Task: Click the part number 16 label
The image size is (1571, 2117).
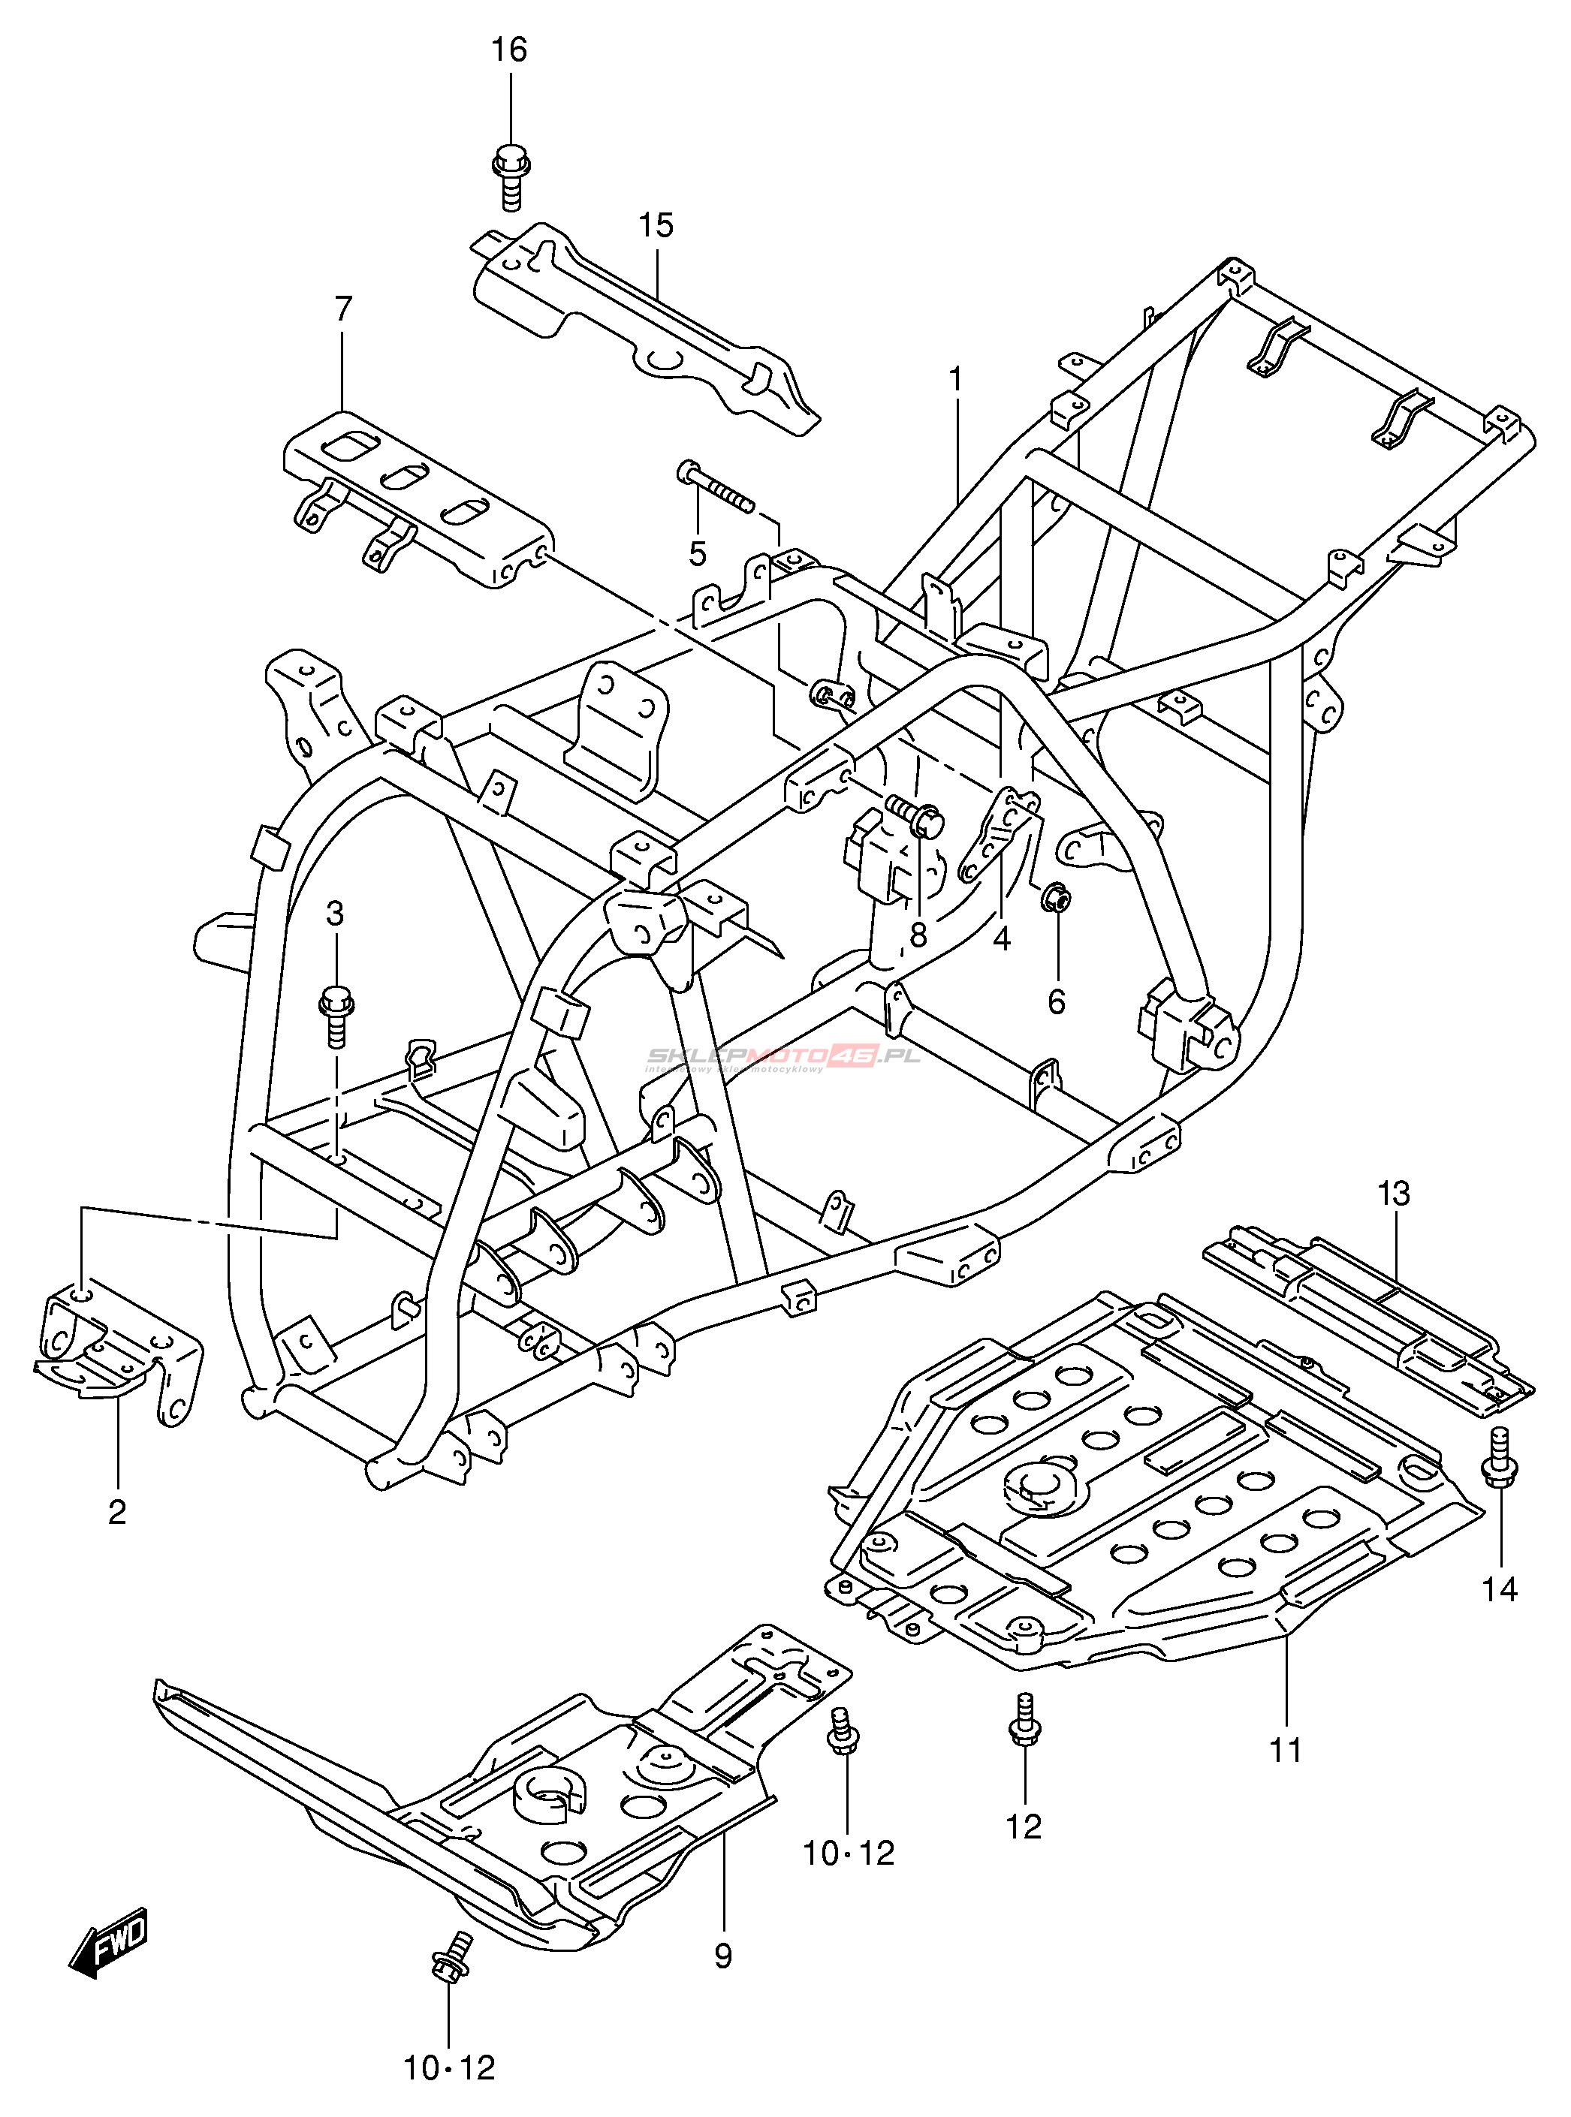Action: pos(508,50)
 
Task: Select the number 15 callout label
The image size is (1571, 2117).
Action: pos(656,225)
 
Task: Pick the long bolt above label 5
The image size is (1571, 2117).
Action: pos(715,486)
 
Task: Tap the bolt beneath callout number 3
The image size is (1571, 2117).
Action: pos(336,1014)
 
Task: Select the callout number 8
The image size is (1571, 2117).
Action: pos(918,935)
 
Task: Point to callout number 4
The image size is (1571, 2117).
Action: pos(1001,939)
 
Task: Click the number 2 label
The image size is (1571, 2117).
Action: pos(117,1510)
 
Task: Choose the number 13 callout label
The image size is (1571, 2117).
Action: pos(1393,1193)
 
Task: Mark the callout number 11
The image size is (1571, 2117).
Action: pos(1286,1749)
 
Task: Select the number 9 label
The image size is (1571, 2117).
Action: pos(722,1956)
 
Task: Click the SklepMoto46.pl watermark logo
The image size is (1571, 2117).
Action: pos(782,1057)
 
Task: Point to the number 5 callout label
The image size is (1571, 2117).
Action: pos(698,554)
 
